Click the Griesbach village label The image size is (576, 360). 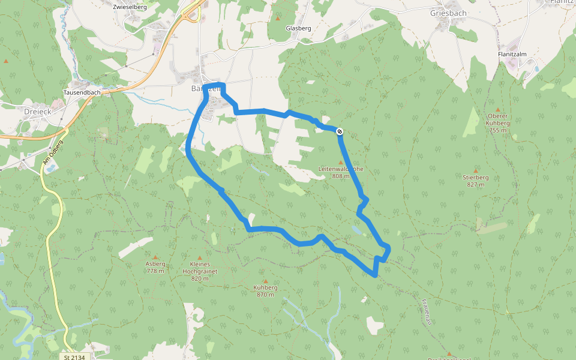[x=448, y=13]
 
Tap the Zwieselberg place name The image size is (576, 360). [x=130, y=7]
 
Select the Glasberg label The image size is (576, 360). [x=298, y=28]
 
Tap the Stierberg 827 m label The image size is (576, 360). [x=475, y=181]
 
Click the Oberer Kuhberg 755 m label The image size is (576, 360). [x=499, y=123]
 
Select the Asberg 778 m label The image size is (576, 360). [x=155, y=267]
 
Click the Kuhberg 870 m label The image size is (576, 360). [x=266, y=290]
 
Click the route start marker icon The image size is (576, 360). [x=340, y=131]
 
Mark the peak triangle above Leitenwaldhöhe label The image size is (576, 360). [x=341, y=162]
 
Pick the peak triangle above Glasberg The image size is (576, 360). [x=278, y=19]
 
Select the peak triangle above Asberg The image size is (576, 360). [x=155, y=256]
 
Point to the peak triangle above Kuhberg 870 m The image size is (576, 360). [x=266, y=280]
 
